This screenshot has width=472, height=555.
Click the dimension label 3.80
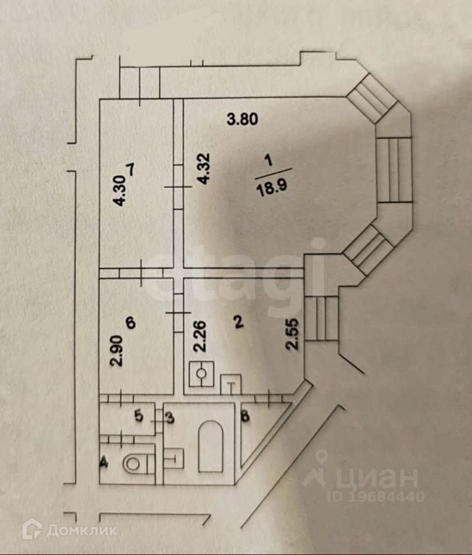pos(242,120)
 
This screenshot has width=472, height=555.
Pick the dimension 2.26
pos(199,337)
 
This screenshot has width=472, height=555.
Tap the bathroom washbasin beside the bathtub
pos(174,458)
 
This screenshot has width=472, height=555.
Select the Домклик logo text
pos(81,530)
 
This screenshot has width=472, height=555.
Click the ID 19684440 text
pos(376,496)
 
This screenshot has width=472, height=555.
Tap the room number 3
pos(170,417)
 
